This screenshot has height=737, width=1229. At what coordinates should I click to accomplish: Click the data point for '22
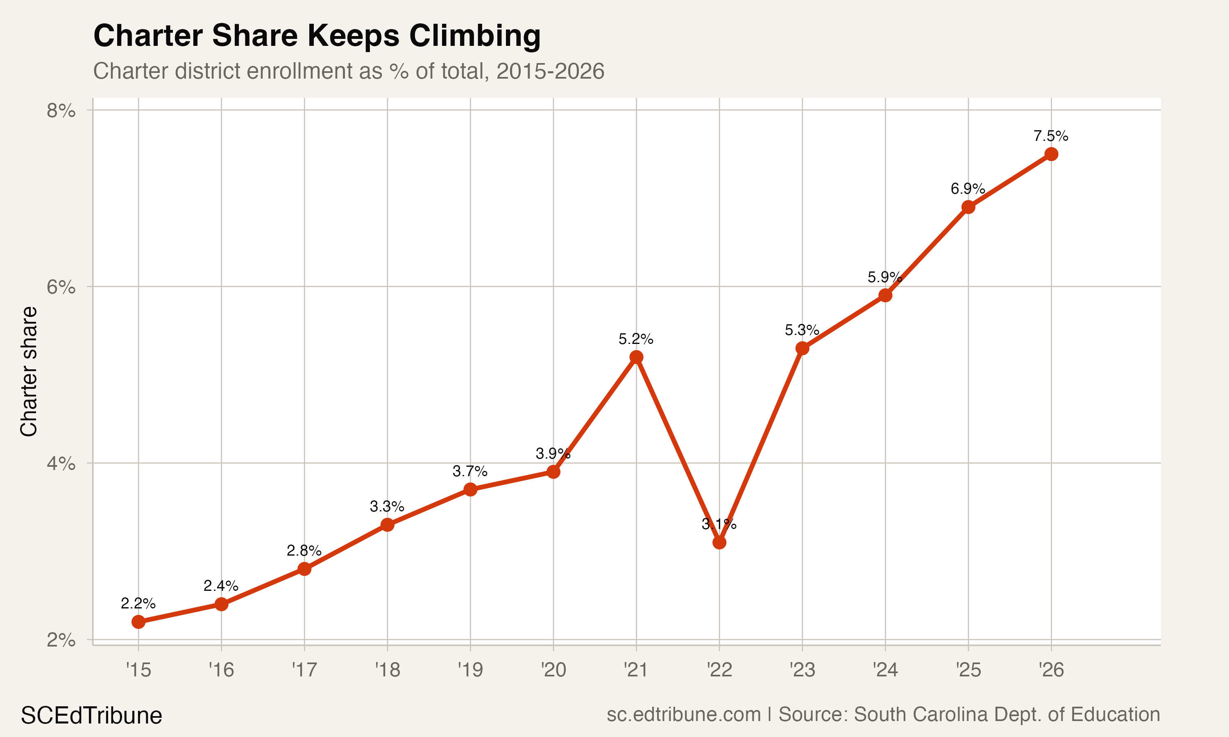719,543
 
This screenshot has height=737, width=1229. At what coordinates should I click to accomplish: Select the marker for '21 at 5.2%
636,357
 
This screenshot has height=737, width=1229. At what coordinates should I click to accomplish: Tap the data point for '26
1051,154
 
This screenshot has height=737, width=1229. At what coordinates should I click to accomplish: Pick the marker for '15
138,622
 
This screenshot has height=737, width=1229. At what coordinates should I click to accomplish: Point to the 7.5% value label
1051,136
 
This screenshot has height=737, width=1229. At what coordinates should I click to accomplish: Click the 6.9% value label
968,189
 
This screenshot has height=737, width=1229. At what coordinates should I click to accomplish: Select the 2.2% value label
138,604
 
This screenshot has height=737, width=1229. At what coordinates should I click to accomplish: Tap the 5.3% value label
802,330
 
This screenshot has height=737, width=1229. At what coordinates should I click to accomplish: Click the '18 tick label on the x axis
388,670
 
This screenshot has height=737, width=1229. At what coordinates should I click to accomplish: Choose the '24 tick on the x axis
885,670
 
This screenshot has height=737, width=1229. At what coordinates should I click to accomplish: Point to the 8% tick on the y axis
61,111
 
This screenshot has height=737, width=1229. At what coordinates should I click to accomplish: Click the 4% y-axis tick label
61,464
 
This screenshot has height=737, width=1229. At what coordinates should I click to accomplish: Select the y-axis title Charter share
29,371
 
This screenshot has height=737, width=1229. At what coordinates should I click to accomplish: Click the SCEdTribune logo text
91,716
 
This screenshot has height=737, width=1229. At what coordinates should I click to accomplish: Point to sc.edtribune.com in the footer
684,714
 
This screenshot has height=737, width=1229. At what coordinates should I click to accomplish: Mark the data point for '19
470,490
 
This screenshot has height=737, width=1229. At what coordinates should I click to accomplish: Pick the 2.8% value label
304,550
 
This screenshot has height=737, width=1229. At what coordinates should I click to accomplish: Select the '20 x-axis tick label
553,670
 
